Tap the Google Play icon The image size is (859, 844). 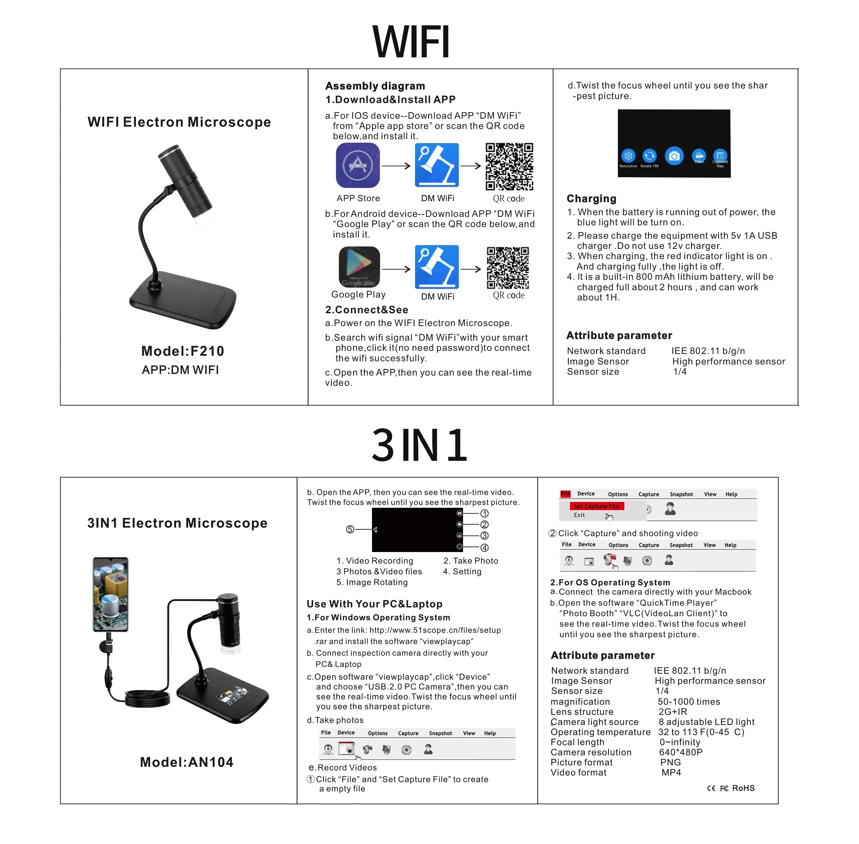click(x=359, y=267)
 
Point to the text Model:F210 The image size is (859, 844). click(x=183, y=351)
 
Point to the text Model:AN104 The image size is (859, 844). click(x=187, y=762)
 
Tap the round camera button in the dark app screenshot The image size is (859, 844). click(x=674, y=156)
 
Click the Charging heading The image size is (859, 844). click(x=591, y=199)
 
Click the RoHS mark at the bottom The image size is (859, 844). click(x=743, y=788)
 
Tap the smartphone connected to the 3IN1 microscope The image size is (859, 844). click(x=110, y=594)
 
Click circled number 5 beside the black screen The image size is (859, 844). click(x=350, y=529)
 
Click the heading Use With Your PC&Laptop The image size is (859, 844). click(x=374, y=604)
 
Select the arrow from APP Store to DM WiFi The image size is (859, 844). click(x=396, y=166)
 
